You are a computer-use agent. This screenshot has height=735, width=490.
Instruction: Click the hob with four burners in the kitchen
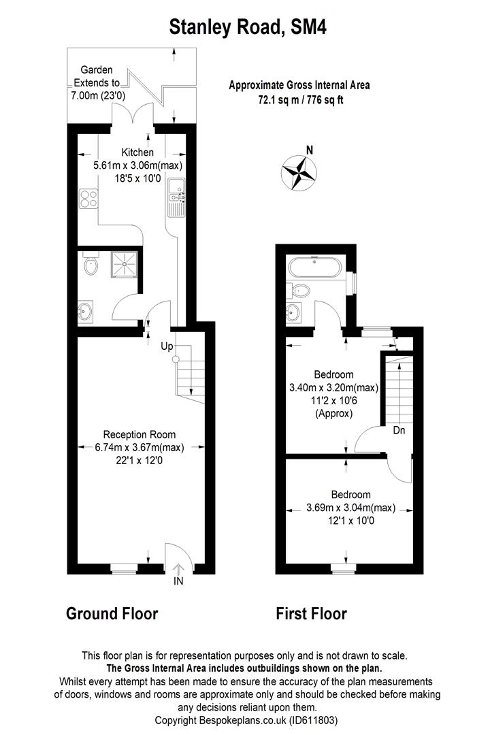[x=88, y=198]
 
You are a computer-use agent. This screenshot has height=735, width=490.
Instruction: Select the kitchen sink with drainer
[x=176, y=198]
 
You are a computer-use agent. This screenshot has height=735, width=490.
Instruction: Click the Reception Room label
[x=139, y=434]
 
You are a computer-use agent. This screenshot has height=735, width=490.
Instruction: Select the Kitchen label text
[x=137, y=152]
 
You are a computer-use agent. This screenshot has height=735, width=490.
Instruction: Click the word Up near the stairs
[x=166, y=346]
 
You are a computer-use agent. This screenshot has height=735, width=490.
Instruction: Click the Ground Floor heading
[x=112, y=614]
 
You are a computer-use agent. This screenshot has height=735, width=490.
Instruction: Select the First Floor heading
[x=311, y=614]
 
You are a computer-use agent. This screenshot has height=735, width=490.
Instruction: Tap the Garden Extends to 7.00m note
[x=97, y=82]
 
